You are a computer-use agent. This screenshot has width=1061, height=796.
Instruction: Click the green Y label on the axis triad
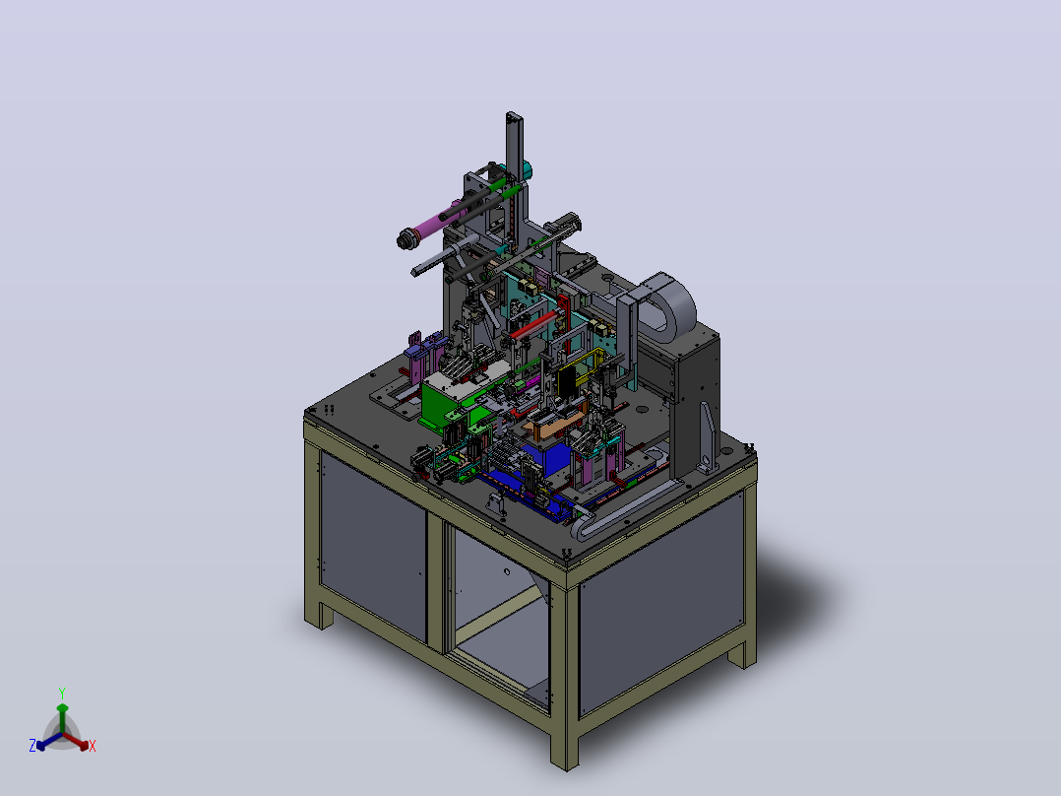pos(62,693)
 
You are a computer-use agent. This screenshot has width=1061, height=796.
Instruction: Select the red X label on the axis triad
pos(93,746)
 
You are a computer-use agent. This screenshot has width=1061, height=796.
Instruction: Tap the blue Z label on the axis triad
pos(32,746)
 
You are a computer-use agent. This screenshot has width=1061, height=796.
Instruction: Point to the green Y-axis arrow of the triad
pos(62,718)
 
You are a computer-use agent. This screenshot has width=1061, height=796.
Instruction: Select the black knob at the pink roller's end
pos(406,239)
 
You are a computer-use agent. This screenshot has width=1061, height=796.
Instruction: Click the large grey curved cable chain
pos(666,304)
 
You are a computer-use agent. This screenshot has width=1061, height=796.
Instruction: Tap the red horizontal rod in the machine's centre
pos(533,324)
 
